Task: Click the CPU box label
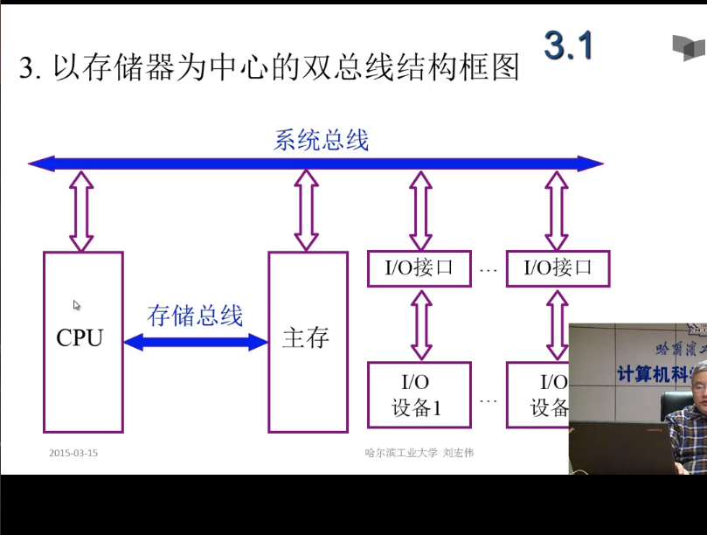[x=80, y=338]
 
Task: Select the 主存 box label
[x=306, y=338]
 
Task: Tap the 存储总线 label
[x=195, y=316]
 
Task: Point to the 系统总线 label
[x=322, y=140]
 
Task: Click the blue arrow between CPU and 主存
[x=196, y=342]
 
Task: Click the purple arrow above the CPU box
[x=81, y=211]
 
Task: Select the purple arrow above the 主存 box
[x=306, y=211]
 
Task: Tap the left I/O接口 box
[x=420, y=268]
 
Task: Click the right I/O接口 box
[x=558, y=268]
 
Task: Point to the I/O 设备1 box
[x=420, y=394]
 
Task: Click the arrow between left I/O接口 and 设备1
[x=421, y=324]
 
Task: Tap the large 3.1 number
[x=568, y=45]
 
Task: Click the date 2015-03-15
[x=73, y=453]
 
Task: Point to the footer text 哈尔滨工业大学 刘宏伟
[x=419, y=453]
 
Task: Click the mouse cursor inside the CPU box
[x=77, y=305]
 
